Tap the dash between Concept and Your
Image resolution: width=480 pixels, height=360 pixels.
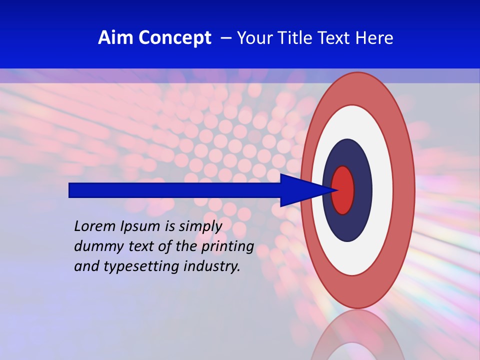click(225, 38)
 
